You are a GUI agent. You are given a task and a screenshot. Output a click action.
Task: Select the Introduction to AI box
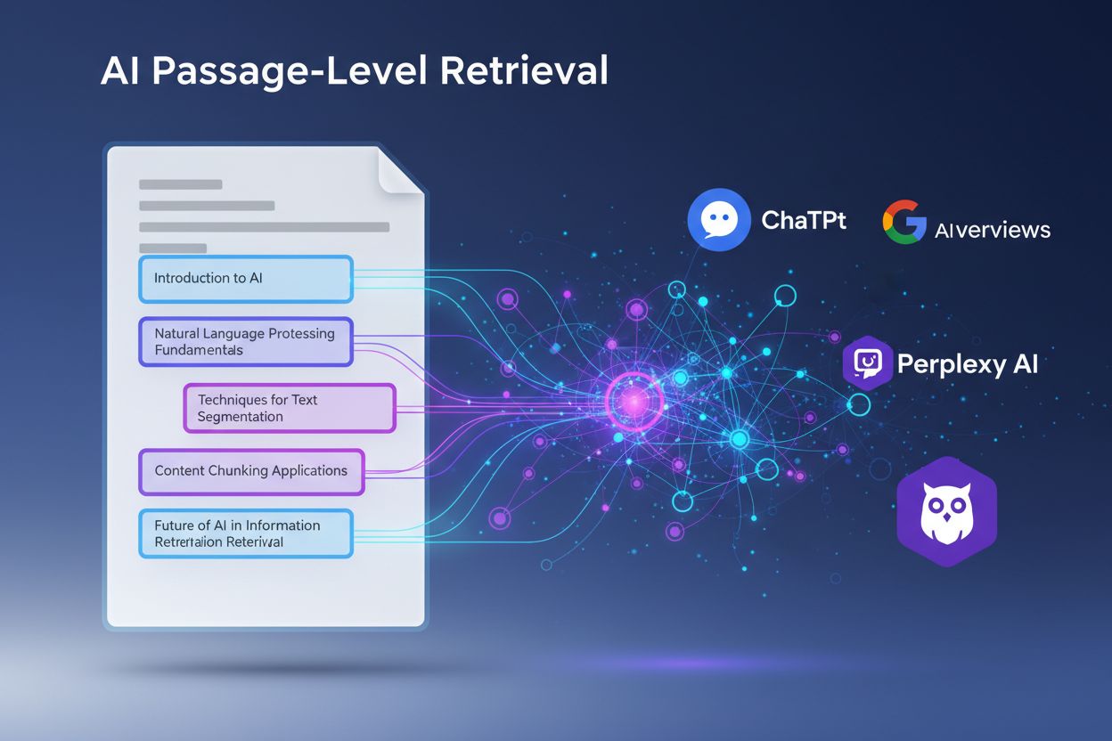[x=246, y=279]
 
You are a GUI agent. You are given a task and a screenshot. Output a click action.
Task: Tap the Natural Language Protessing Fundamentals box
[x=246, y=342]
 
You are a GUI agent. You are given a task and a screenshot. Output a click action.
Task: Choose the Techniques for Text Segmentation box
[x=290, y=409]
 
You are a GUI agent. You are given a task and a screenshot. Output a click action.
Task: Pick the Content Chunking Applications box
[x=251, y=471]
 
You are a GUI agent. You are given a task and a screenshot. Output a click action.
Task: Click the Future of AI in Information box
[x=246, y=533]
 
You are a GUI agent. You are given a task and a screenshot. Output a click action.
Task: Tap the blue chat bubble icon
[x=719, y=219]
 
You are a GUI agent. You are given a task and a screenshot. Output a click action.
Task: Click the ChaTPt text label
[x=804, y=220]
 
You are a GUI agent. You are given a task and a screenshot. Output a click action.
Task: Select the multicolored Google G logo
[x=903, y=222]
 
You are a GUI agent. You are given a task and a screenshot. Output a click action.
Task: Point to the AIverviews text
[x=993, y=230]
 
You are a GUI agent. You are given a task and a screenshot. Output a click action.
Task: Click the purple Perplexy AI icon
[x=867, y=363]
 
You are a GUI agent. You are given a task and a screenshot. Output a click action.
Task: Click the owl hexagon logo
[x=946, y=514]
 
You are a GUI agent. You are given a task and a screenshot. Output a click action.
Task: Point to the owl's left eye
[x=933, y=503]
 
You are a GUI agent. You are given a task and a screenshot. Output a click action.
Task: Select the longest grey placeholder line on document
[x=265, y=227]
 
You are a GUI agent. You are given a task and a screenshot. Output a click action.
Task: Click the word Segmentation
[x=240, y=417]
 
